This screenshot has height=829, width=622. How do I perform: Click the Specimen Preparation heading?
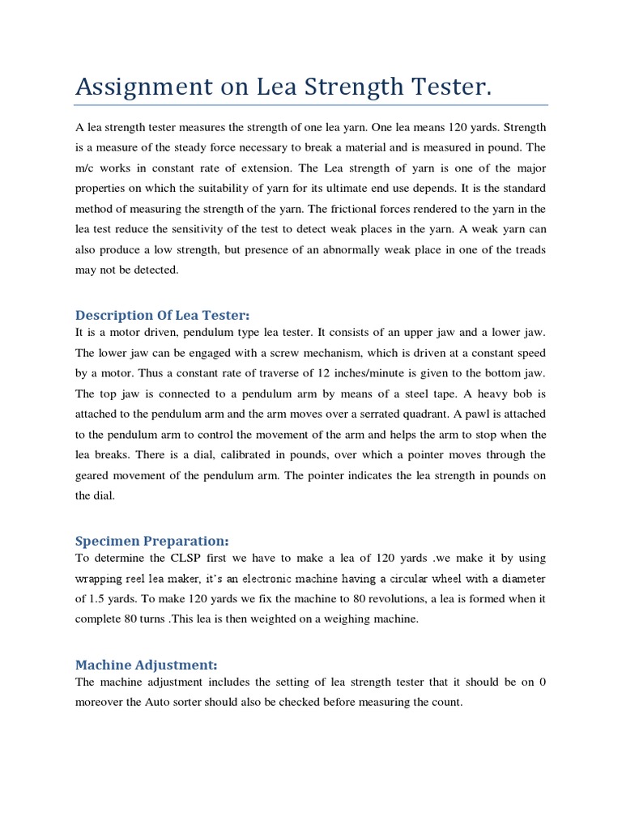[152, 540]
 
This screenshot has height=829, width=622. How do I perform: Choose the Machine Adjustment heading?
[146, 664]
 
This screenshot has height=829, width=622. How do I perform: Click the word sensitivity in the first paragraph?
[236, 230]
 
